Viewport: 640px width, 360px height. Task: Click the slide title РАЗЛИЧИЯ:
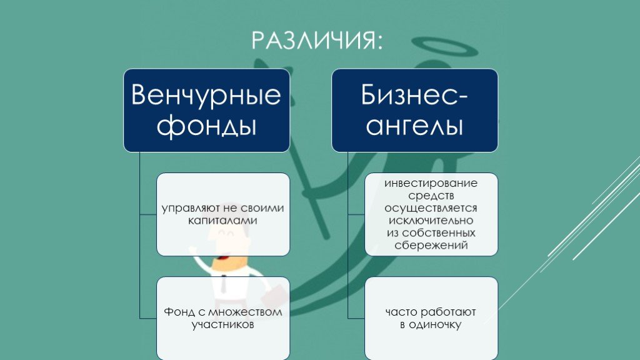[x=317, y=41]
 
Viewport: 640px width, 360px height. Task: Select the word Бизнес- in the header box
[x=414, y=95]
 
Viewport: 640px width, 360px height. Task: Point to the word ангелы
[x=414, y=125]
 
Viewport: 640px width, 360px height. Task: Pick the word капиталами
[x=223, y=221]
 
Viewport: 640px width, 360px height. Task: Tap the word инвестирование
[x=431, y=183]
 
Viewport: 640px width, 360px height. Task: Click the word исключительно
[x=431, y=221]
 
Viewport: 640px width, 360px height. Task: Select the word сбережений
[x=431, y=246]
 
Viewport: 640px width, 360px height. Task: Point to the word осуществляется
[x=431, y=209]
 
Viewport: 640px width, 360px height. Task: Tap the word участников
[x=223, y=325]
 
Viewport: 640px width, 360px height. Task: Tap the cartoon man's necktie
[x=224, y=284]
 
